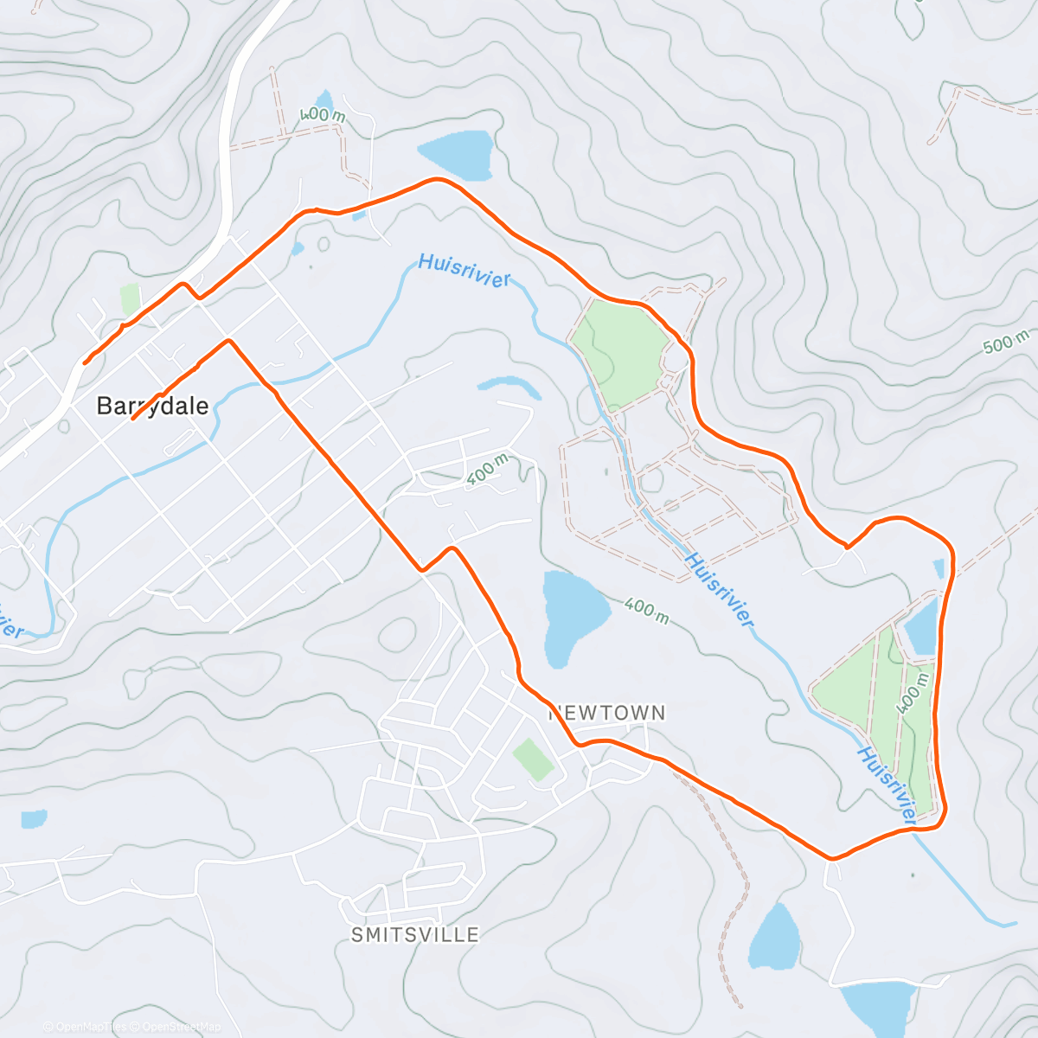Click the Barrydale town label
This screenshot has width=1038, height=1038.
152,406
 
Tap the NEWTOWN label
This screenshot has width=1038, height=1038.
607,713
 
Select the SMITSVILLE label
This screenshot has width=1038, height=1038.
415,935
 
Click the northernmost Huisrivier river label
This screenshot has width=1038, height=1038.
464,270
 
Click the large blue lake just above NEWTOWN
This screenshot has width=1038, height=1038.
571,614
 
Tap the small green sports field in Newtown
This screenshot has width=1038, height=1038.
533,759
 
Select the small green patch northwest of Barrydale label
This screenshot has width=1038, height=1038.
130,299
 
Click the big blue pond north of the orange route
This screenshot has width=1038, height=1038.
457,152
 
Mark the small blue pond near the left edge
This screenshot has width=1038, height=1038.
34,818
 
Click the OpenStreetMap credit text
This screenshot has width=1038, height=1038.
182,1027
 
